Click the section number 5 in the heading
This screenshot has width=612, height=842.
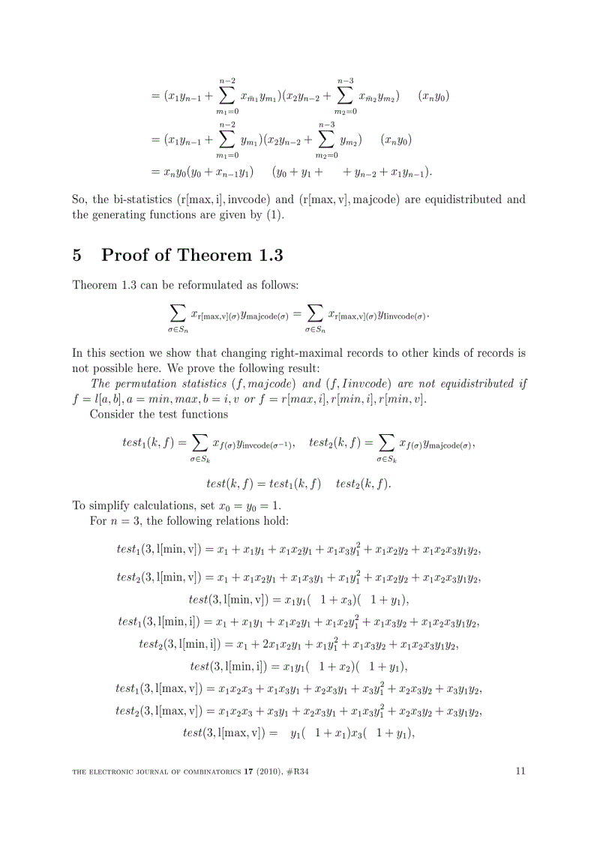point(76,255)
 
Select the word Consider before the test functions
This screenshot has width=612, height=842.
point(112,413)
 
